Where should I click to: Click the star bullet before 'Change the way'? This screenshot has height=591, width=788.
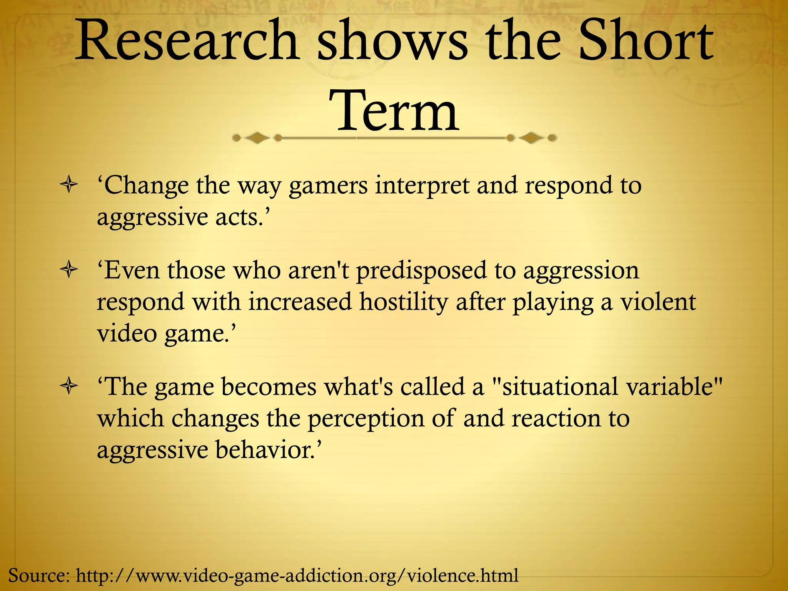point(69,185)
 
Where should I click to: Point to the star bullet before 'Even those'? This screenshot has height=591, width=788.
point(69,270)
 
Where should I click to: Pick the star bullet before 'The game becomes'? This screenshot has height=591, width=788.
point(69,387)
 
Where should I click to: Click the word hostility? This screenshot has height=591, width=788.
point(404,302)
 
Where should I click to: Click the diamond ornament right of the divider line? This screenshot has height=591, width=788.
point(531,138)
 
